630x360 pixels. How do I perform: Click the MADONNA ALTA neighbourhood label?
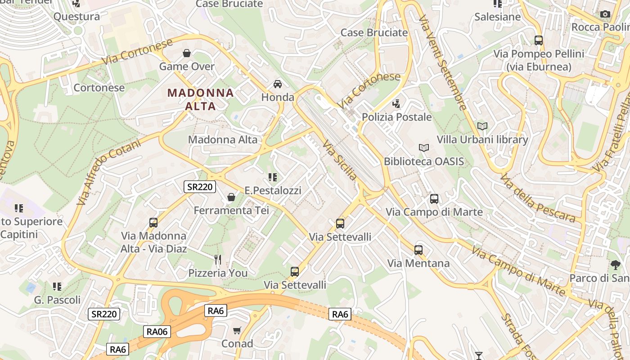click(x=201, y=99)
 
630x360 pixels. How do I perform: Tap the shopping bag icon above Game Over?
click(x=187, y=54)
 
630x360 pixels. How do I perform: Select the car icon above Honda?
click(x=278, y=84)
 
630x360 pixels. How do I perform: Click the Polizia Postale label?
click(x=397, y=117)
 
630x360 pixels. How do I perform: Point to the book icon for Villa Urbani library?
click(x=482, y=126)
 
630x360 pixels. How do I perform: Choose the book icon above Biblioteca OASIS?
click(x=423, y=148)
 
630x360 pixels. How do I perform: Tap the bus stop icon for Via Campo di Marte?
click(x=434, y=199)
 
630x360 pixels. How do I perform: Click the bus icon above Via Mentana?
click(x=418, y=250)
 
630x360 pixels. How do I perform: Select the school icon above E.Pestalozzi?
click(x=273, y=177)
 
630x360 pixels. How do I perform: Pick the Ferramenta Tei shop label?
click(x=231, y=210)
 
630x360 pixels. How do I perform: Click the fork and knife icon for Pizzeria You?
click(x=218, y=260)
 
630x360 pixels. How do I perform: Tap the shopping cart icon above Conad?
click(x=237, y=331)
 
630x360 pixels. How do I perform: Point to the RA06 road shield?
click(x=157, y=332)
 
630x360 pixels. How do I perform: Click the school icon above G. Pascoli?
click(x=57, y=287)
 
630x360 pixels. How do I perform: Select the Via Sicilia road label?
click(x=340, y=160)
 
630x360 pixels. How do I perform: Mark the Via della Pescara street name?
click(x=537, y=198)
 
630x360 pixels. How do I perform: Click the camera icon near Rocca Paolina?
click(x=605, y=14)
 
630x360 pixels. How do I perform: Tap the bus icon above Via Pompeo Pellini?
click(x=539, y=40)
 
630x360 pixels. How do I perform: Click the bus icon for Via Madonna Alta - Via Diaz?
click(x=153, y=223)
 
